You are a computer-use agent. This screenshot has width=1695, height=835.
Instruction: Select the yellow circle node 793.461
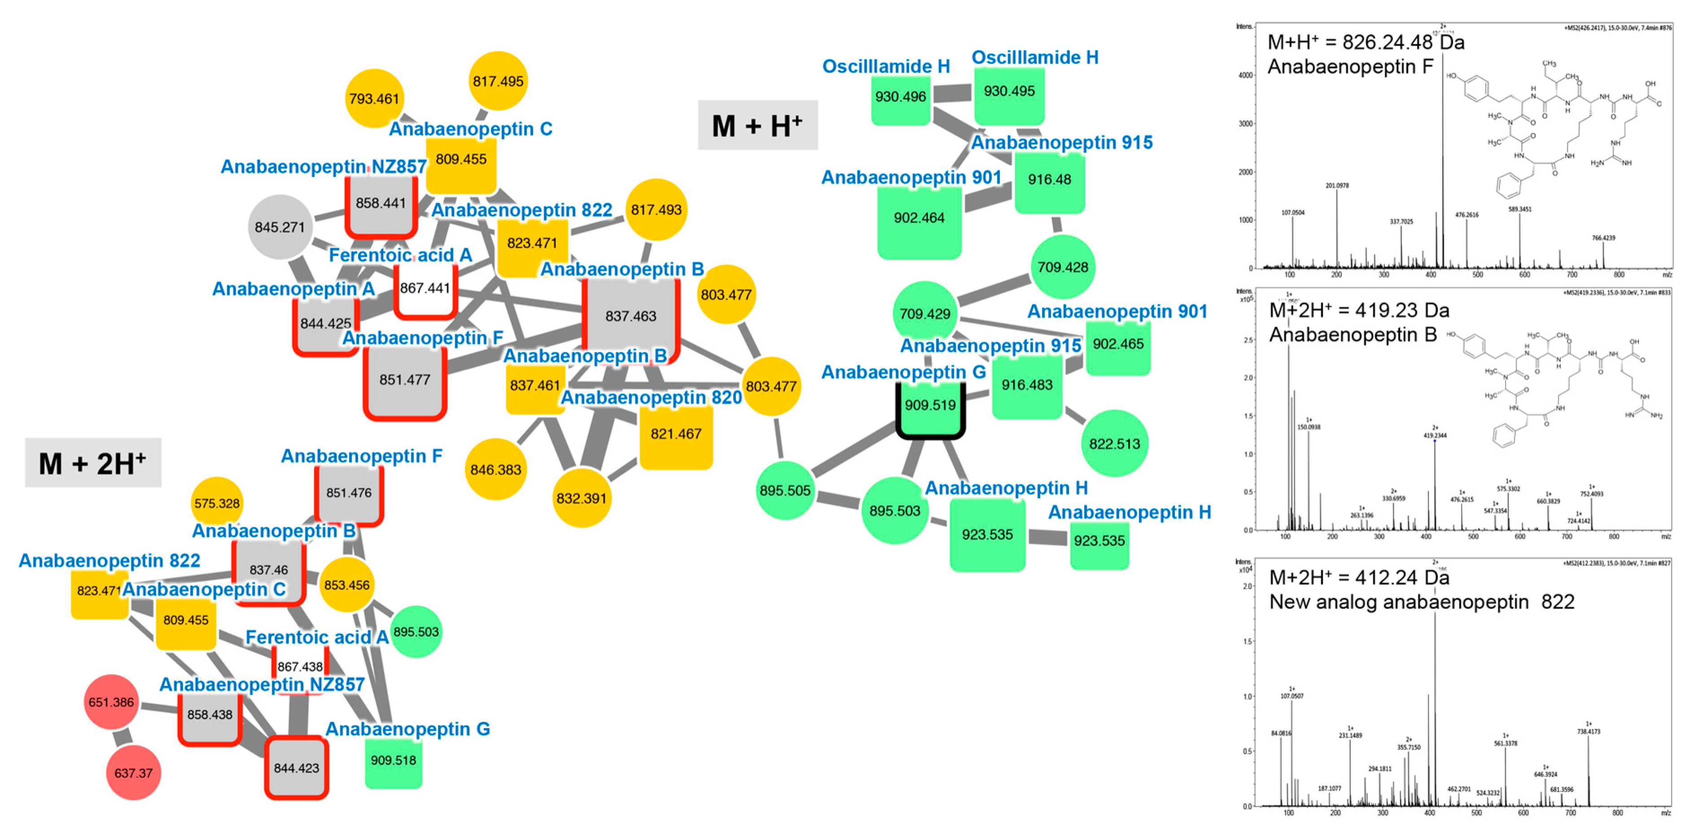coord(374,99)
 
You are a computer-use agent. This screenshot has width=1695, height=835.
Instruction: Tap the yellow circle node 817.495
coord(498,81)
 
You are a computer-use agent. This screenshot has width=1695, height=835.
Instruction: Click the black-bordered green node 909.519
coord(930,405)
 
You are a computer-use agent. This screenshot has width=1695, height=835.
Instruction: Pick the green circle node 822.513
coord(1114,443)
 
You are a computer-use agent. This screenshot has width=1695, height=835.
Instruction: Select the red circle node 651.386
coord(111,702)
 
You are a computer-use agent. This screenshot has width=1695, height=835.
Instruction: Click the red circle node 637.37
coord(134,773)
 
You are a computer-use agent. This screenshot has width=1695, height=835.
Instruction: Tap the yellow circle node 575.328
coord(217,503)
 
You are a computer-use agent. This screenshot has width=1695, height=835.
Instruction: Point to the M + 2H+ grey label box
coord(93,463)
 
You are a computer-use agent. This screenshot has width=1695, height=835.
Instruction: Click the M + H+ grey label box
coord(758,125)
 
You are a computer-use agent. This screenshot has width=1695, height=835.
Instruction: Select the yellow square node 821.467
coord(676,434)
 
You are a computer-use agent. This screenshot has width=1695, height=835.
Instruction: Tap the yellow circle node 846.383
coord(495,470)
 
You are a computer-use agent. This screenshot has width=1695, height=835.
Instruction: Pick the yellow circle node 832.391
coord(581,498)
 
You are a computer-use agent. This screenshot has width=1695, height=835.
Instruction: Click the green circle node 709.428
coord(1063,267)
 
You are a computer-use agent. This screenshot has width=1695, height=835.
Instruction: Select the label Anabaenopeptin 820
coord(651,398)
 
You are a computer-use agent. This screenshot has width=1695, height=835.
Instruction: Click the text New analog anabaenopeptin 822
coord(1421,601)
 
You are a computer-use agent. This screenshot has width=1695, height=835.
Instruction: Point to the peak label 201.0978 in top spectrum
coord(1336,186)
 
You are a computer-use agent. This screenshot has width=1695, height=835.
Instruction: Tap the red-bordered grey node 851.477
coord(405,380)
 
